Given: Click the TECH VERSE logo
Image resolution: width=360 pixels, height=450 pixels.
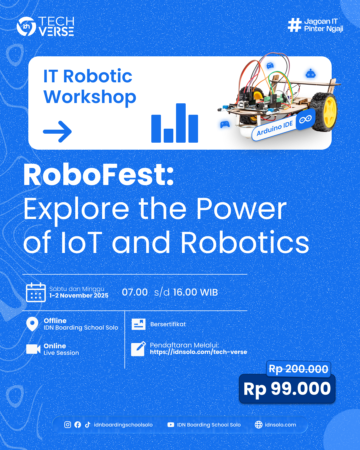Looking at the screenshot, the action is click(x=45, y=26).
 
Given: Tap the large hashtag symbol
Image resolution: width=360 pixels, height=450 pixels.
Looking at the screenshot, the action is click(x=295, y=25).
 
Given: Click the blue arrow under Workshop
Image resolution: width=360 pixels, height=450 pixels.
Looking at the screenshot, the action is click(x=57, y=132).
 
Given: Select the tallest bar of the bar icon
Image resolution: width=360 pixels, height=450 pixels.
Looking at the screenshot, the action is click(x=181, y=123).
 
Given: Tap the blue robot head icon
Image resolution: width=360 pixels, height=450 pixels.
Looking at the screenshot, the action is click(x=310, y=74).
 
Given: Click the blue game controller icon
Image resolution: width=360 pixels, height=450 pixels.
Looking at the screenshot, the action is click(x=225, y=124).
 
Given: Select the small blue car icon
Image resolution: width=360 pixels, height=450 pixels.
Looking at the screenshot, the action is click(x=270, y=65).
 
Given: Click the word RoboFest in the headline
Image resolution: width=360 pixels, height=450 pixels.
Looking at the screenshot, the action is click(x=99, y=175).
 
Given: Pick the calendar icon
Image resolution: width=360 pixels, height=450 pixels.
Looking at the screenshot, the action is click(x=36, y=292).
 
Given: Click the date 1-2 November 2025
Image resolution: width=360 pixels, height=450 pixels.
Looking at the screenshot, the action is click(x=79, y=295).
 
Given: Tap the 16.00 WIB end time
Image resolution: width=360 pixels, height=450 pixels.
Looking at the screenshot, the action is click(x=196, y=292).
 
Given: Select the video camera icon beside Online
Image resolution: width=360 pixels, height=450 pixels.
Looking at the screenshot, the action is click(x=33, y=349).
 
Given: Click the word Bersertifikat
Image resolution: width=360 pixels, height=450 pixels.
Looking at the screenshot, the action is click(x=168, y=324).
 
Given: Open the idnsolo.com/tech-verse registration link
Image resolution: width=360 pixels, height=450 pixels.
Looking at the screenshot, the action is click(x=199, y=352).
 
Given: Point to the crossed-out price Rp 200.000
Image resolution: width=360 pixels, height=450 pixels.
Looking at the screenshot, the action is click(x=299, y=369).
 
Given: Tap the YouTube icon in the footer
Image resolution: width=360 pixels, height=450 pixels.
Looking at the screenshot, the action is click(x=171, y=425).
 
